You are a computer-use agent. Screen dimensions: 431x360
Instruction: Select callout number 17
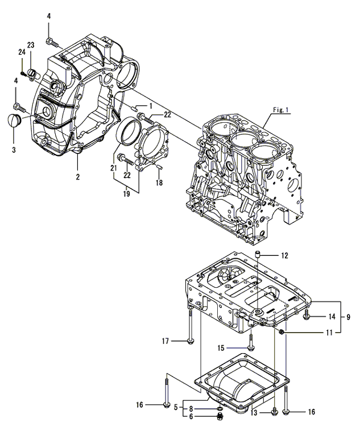(164, 341)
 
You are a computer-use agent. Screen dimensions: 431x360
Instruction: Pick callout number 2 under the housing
(77, 177)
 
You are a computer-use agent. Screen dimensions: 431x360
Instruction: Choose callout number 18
(159, 183)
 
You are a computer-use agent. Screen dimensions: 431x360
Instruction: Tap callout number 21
(113, 169)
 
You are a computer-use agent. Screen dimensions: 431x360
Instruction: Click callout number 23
(31, 45)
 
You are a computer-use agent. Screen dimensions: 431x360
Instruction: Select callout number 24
(21, 52)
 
